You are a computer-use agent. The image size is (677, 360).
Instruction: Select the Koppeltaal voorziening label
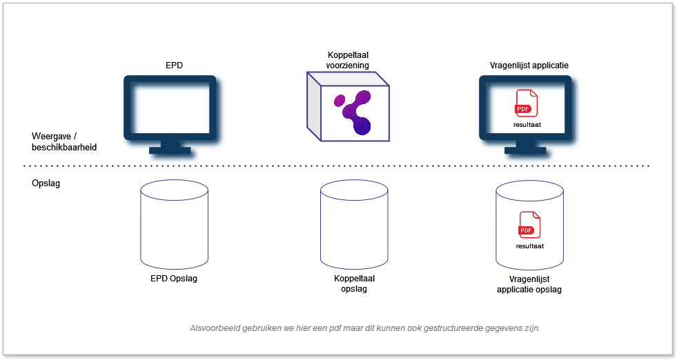[x=348, y=60]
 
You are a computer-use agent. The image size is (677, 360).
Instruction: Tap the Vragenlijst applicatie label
[x=524, y=66]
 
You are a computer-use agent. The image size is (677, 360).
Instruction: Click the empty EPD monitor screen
[x=170, y=108]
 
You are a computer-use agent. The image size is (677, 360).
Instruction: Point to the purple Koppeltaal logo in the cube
[x=353, y=111]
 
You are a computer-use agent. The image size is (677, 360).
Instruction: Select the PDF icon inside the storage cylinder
[x=529, y=225]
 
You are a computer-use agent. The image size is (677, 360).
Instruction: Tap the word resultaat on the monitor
[x=527, y=126]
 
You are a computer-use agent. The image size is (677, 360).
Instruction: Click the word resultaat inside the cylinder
[x=529, y=246]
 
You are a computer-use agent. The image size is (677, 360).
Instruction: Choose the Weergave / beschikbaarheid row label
[x=63, y=141]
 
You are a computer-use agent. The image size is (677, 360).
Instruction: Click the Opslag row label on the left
[x=46, y=184]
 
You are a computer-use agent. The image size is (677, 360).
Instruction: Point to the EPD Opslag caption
[x=173, y=279]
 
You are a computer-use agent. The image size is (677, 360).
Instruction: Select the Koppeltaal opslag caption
[x=353, y=283]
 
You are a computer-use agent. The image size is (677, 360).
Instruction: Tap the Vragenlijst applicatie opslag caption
[x=529, y=284]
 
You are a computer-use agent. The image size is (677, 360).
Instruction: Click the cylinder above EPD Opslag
[x=174, y=225]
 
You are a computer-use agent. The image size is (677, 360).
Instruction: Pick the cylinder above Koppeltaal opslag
[x=353, y=225]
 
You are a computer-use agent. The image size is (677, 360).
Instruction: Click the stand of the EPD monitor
[x=170, y=147]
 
